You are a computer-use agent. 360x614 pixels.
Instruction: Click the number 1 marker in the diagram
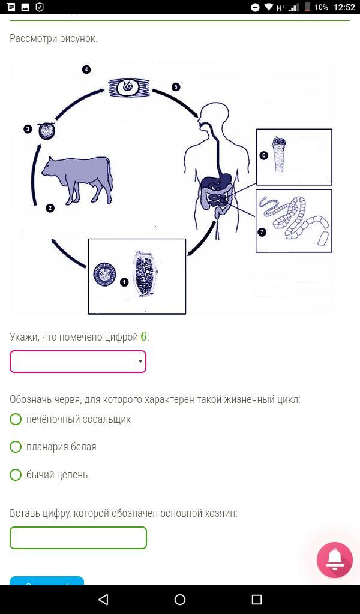click(x=124, y=282)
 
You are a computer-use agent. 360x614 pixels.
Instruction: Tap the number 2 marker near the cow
click(x=50, y=208)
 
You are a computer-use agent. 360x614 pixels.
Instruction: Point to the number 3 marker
click(x=28, y=129)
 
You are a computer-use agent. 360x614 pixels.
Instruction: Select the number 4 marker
click(x=86, y=70)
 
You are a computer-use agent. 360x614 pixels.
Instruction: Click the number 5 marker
click(x=176, y=87)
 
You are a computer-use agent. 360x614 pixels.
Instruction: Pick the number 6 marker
click(x=263, y=155)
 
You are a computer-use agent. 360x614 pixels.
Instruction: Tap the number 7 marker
click(x=262, y=232)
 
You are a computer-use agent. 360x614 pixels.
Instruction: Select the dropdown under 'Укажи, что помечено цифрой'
click(x=78, y=362)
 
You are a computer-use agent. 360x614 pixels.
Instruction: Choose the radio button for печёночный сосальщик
click(x=16, y=419)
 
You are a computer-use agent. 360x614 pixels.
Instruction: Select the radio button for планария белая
click(x=16, y=447)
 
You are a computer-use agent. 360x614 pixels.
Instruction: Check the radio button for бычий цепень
click(x=16, y=475)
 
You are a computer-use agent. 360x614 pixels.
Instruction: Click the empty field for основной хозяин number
click(x=79, y=538)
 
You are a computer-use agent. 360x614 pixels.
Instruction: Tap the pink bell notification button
click(x=335, y=561)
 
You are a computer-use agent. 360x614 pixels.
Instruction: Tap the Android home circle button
click(x=180, y=599)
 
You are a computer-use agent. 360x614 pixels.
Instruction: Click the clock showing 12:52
click(x=344, y=7)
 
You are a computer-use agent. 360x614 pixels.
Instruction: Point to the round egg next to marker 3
click(x=46, y=131)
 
